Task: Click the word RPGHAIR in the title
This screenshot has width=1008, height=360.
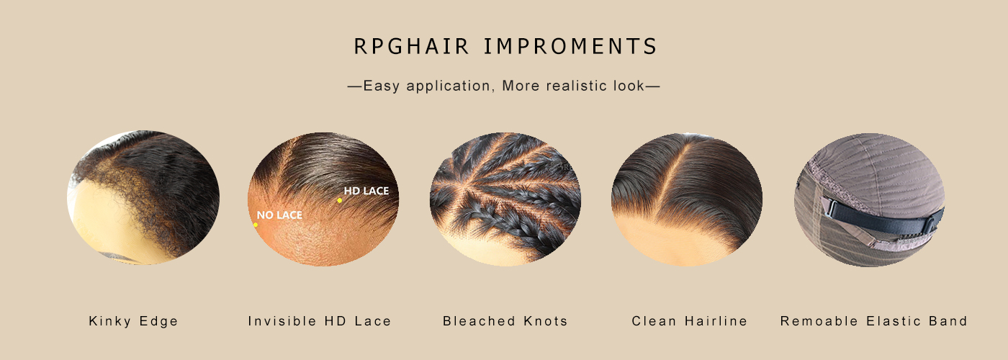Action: click(x=411, y=46)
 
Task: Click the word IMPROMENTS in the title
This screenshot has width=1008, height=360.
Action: click(x=570, y=46)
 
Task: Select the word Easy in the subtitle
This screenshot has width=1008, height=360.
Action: click(x=381, y=86)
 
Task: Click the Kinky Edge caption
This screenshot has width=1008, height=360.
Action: click(x=134, y=321)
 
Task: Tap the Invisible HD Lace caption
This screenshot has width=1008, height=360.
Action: click(x=320, y=321)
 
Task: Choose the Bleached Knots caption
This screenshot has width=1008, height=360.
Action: click(x=505, y=321)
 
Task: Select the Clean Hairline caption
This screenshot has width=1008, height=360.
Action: click(x=690, y=321)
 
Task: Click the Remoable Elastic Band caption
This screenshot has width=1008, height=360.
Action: click(x=873, y=321)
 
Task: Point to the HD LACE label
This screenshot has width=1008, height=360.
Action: click(x=366, y=191)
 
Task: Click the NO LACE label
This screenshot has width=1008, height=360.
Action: click(x=279, y=215)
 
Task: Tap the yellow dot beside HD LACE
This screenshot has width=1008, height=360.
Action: click(x=339, y=200)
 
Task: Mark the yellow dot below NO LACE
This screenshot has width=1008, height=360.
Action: click(x=256, y=225)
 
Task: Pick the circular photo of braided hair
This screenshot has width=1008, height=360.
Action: click(x=505, y=199)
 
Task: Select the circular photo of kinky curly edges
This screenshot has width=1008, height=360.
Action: click(x=143, y=197)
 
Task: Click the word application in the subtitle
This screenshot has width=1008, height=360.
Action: click(x=448, y=86)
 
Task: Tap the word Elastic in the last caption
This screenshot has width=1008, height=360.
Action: click(x=894, y=321)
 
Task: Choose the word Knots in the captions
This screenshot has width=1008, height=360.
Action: click(x=546, y=321)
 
